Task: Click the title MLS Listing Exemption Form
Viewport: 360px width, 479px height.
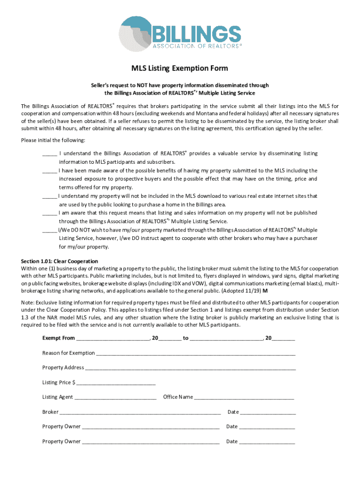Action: (x=180, y=69)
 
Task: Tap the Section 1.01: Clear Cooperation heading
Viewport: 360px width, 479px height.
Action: (x=59, y=261)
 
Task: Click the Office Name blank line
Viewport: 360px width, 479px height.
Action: (x=244, y=398)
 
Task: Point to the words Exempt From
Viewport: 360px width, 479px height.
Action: (x=58, y=338)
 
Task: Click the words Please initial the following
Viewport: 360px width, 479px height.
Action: (x=53, y=140)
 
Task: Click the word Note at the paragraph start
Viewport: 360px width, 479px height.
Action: (x=27, y=302)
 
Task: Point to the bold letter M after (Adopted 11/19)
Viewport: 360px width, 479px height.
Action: (x=266, y=290)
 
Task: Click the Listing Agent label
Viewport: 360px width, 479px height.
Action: (x=58, y=397)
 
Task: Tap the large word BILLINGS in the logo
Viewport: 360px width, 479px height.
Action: (x=197, y=34)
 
